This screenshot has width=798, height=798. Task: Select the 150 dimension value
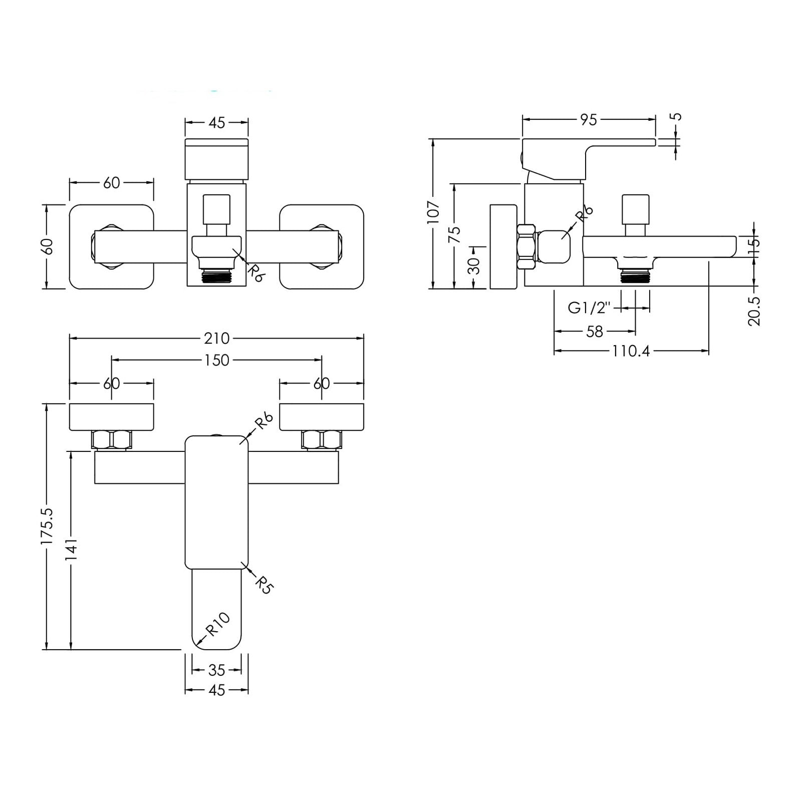click(x=216, y=360)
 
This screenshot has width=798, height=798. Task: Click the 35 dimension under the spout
click(x=216, y=670)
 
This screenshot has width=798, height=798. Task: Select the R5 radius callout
click(x=264, y=585)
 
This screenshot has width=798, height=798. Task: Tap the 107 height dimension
click(x=434, y=211)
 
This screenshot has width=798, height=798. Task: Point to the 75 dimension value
click(x=454, y=234)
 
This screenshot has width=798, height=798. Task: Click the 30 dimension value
click(x=475, y=266)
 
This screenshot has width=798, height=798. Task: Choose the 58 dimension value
click(x=595, y=331)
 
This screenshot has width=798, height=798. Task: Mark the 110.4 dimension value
click(x=631, y=351)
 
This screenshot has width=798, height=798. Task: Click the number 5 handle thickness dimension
click(x=676, y=117)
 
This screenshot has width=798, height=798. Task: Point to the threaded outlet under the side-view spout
click(x=635, y=276)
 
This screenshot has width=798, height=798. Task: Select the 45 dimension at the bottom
click(x=216, y=690)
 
